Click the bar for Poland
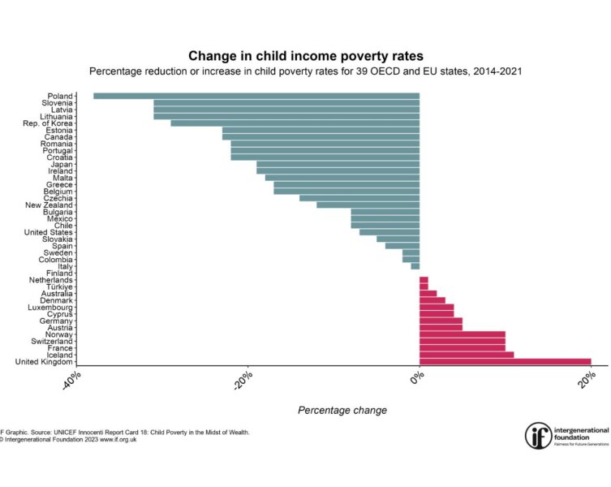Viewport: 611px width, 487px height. [256, 96]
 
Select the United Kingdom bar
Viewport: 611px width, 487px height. [505, 362]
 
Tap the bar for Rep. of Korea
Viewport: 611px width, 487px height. [295, 123]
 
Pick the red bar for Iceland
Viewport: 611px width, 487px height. [467, 355]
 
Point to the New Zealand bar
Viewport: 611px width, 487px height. [368, 205]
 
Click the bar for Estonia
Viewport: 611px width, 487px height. [321, 130]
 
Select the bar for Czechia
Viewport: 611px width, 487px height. [359, 198]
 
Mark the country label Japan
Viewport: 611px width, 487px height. [62, 164]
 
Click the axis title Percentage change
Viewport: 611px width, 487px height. [342, 410]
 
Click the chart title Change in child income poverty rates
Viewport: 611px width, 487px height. [305, 56]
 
